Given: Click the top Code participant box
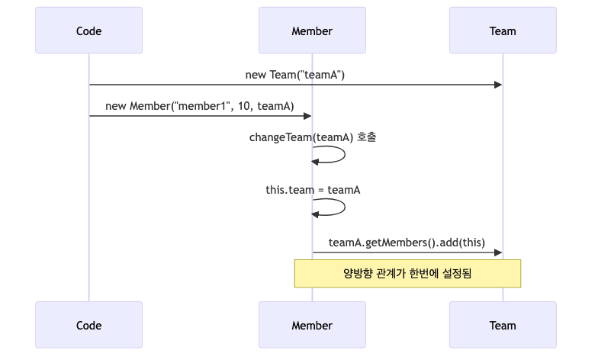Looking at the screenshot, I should click(88, 31).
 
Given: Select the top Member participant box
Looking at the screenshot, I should click(312, 31).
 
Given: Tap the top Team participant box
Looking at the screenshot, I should click(503, 31).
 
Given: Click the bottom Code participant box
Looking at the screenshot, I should click(88, 325).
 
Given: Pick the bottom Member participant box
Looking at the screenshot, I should click(312, 325).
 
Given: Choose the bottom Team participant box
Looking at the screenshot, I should click(503, 325).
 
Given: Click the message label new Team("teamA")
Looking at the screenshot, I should click(295, 75).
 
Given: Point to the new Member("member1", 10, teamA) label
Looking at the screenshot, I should click(200, 106).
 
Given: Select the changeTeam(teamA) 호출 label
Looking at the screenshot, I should click(312, 137).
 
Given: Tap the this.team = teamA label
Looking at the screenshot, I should click(312, 189).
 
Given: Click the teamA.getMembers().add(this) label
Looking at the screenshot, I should click(407, 243).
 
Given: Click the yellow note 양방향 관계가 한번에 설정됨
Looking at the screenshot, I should click(407, 273).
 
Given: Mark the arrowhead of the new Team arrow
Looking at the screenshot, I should click(498, 85).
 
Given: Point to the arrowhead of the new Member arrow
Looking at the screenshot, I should click(307, 116).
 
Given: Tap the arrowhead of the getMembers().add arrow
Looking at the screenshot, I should click(498, 252).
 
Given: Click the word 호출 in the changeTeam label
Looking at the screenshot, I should click(366, 137).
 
